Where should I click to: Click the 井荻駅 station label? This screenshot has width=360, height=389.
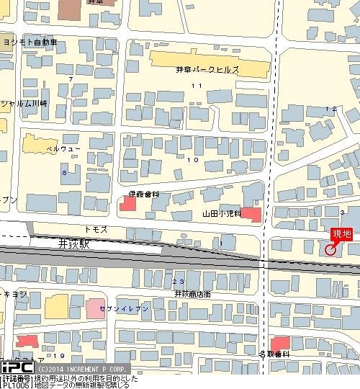[73, 245]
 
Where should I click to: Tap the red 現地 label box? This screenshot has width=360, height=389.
[341, 234]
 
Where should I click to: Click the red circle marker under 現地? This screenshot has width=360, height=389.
[330, 250]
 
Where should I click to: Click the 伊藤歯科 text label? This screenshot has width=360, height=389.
[144, 194]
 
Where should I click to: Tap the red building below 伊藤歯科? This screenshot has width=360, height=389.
[127, 205]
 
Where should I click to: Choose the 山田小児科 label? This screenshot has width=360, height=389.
[221, 215]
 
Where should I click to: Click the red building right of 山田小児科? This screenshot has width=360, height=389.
[251, 214]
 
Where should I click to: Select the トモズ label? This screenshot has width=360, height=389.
[96, 228]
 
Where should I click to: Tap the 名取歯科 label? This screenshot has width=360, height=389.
[274, 354]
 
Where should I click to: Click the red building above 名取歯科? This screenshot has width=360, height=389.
[280, 343]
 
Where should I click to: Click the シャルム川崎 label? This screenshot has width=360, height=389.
[24, 103]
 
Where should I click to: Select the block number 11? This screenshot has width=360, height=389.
[196, 86]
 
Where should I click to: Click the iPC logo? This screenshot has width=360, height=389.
[16, 367]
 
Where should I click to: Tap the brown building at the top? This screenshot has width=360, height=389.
[71, 9]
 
